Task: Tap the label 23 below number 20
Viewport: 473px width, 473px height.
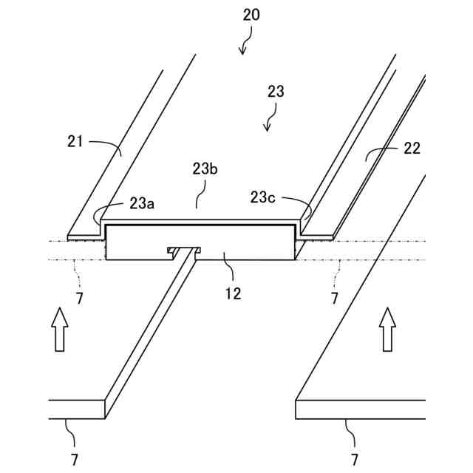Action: click(275, 92)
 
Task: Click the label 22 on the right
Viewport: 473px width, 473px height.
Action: click(412, 148)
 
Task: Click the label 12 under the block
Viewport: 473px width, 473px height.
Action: click(233, 293)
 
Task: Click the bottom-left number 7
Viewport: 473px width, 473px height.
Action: click(75, 459)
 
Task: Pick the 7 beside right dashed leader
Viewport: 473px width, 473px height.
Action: click(334, 299)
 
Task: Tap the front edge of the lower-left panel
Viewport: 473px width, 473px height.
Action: click(77, 409)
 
